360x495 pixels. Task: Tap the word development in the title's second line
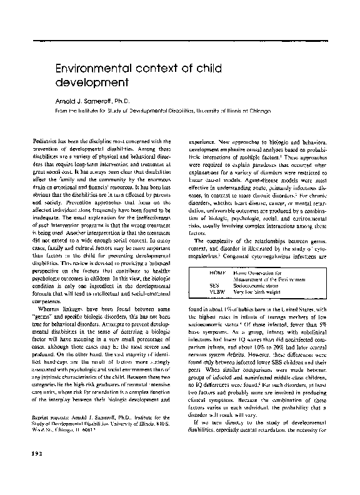coord(92,82)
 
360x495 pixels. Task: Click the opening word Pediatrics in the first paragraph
coord(46,133)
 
